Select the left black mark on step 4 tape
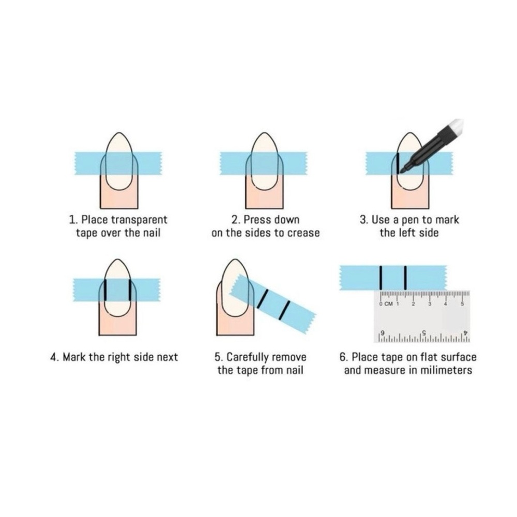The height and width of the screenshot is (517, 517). (x=105, y=290)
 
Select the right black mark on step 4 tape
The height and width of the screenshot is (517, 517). (x=130, y=290)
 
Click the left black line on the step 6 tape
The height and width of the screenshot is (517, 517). (x=381, y=278)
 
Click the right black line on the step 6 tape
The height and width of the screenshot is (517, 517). (x=405, y=278)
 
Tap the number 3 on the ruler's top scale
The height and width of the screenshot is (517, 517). (x=429, y=303)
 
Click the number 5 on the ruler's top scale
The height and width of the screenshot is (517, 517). (x=462, y=303)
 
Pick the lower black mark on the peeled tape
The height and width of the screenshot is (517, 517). (x=284, y=310)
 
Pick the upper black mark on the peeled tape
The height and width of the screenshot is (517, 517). (x=263, y=299)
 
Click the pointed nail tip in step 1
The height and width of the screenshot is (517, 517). (x=118, y=133)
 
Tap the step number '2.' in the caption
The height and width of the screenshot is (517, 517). (x=235, y=220)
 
